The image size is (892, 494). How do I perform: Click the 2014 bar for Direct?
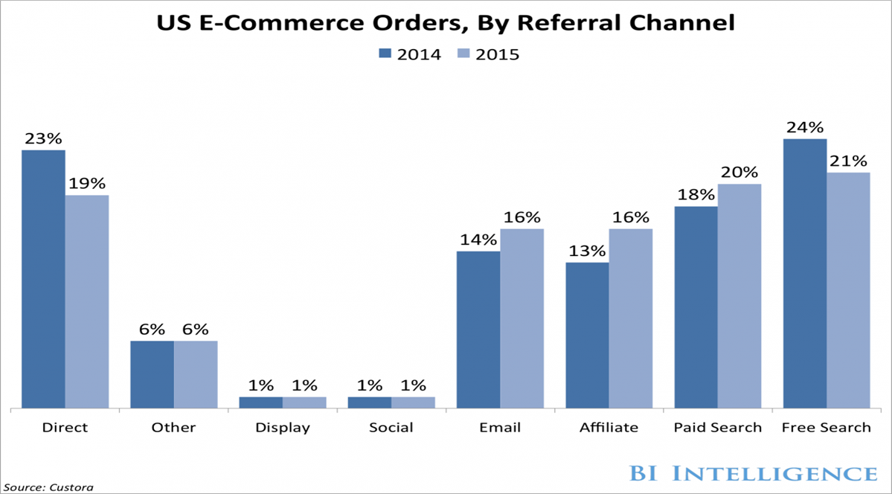click(x=43, y=279)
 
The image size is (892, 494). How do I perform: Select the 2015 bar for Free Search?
click(x=848, y=290)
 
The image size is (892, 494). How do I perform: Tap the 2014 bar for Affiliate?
click(x=587, y=335)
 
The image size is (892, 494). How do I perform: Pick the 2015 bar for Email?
click(x=522, y=318)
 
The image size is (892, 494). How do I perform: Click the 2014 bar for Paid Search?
click(x=696, y=307)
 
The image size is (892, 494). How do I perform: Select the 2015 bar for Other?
click(x=196, y=374)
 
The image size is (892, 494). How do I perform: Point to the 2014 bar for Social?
click(x=370, y=402)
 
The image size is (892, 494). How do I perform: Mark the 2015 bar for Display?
click(x=304, y=402)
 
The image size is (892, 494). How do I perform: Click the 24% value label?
click(x=804, y=126)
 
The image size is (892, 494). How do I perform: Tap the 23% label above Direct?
click(x=43, y=138)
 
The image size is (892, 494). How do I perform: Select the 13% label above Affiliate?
click(x=587, y=251)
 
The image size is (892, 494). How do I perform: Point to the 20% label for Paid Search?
click(x=739, y=172)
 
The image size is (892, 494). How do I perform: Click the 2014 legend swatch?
click(x=385, y=54)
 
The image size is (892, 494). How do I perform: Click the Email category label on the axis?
click(x=500, y=428)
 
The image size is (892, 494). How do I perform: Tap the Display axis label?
click(x=283, y=428)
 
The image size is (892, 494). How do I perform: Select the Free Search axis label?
click(x=826, y=428)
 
